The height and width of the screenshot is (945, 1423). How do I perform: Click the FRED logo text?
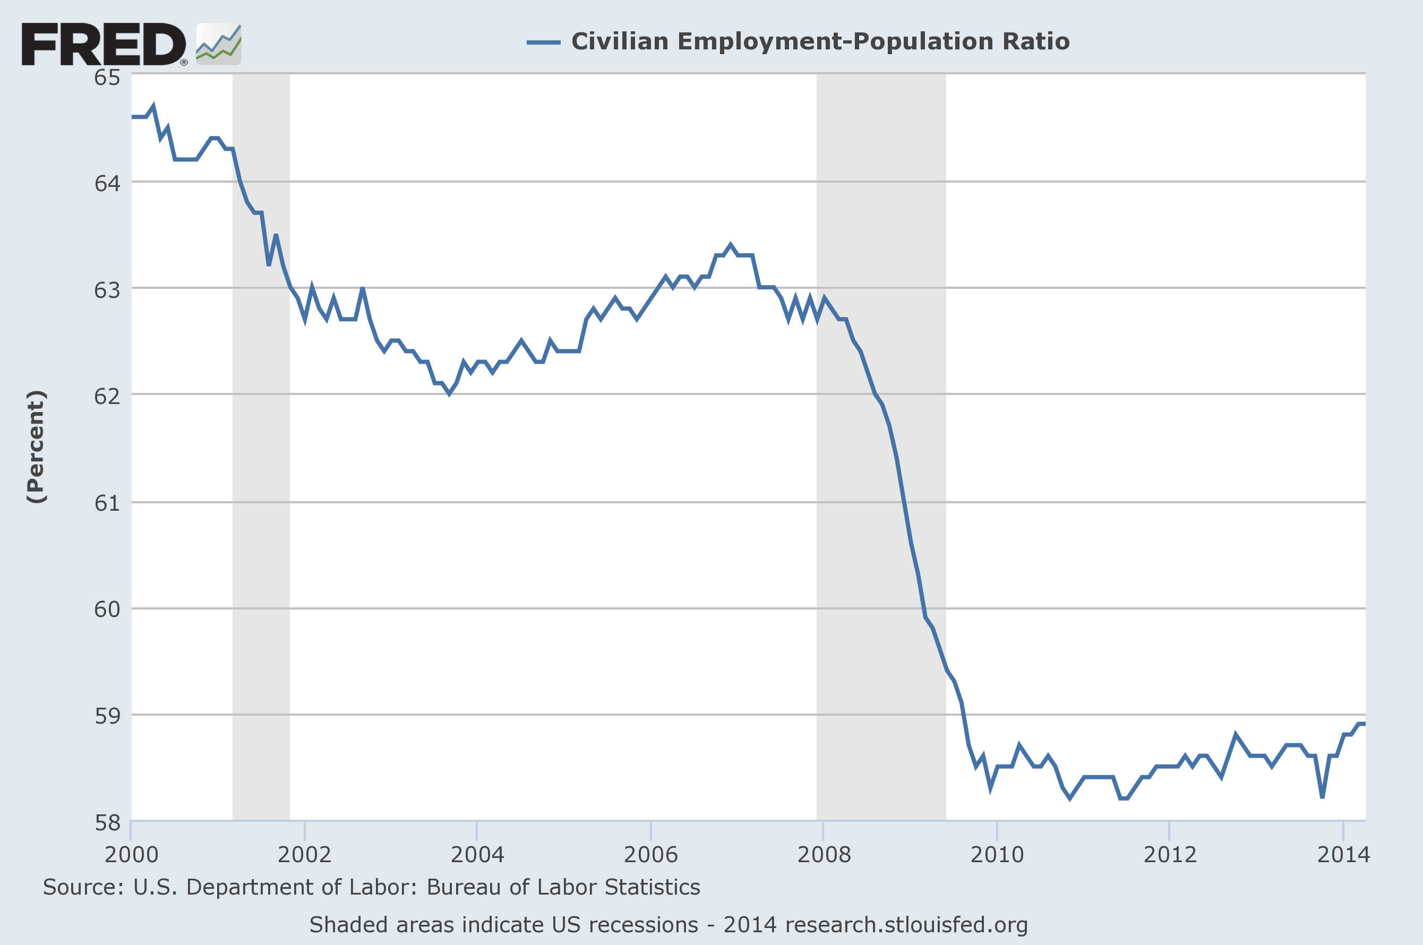pyautogui.click(x=104, y=44)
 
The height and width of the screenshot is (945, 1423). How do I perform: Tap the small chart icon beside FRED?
pyautogui.click(x=219, y=44)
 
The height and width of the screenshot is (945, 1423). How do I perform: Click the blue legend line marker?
pyautogui.click(x=543, y=42)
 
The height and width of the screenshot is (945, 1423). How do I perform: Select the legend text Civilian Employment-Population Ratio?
pyautogui.click(x=820, y=41)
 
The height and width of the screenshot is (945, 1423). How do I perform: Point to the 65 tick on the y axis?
pyautogui.click(x=107, y=77)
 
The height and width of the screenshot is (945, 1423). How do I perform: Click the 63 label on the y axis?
pyautogui.click(x=107, y=290)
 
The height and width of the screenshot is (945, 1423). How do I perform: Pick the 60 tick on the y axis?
pyautogui.click(x=107, y=609)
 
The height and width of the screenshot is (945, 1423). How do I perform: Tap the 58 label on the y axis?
pyautogui.click(x=107, y=823)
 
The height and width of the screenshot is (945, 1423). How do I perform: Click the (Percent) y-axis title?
pyautogui.click(x=36, y=446)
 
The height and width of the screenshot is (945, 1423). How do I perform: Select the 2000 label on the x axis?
pyautogui.click(x=131, y=855)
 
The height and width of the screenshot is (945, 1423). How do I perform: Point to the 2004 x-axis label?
pyautogui.click(x=477, y=855)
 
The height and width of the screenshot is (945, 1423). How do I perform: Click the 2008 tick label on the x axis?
pyautogui.click(x=824, y=855)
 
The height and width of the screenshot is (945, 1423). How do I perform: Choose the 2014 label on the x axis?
pyautogui.click(x=1343, y=855)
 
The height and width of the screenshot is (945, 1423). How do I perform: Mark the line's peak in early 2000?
pyautogui.click(x=153, y=107)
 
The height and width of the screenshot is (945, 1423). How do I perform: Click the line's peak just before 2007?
pyautogui.click(x=731, y=245)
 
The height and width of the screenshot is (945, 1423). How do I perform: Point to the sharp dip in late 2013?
pyautogui.click(x=1322, y=797)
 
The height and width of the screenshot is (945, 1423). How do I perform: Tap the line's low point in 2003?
pyautogui.click(x=449, y=393)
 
